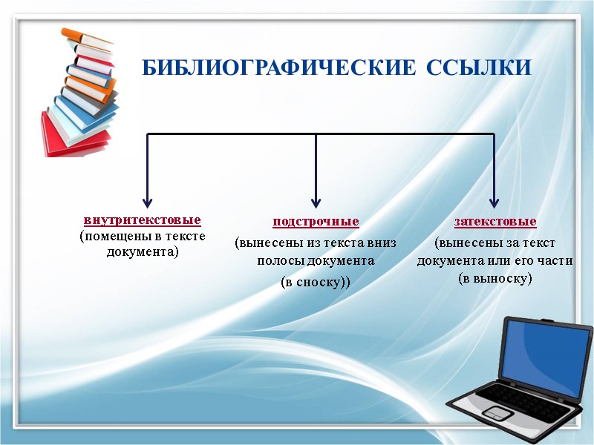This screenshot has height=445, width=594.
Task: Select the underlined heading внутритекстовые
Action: [143, 220]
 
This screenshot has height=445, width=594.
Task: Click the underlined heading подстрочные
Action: [316, 221]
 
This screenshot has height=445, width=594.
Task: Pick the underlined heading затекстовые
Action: [495, 221]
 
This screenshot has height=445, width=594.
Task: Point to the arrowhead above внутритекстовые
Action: [148, 201]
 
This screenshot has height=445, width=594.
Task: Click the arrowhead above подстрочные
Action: [316, 201]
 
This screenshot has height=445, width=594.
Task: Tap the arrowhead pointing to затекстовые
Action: [495, 201]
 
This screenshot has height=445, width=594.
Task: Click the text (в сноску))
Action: [316, 282]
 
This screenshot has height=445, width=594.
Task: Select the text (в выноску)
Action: [495, 278]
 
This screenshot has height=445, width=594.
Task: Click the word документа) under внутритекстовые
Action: [143, 251]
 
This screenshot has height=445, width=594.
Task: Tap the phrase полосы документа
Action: [316, 261]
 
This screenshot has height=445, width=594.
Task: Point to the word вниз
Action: [381, 242]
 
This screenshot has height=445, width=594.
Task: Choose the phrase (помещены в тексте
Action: [143, 236]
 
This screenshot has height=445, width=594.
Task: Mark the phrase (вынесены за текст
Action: [495, 243]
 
